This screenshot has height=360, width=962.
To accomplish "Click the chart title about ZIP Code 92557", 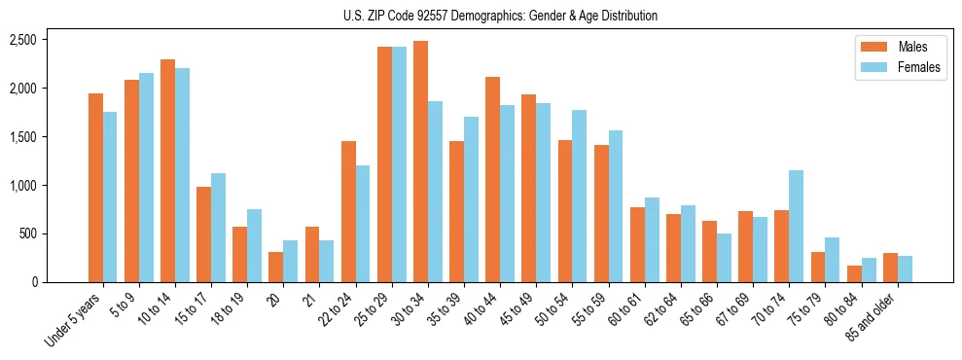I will tap(500, 16).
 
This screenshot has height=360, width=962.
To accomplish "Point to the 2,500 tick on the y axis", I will tap(22, 40).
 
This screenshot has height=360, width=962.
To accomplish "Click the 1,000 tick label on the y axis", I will tap(22, 186).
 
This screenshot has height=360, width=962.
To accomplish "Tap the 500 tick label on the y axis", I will tap(27, 234).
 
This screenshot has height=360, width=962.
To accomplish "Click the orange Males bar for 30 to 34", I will tap(420, 162).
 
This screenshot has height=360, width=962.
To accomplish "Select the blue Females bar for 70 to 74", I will tap(797, 227).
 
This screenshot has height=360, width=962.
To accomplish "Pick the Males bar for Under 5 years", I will tap(95, 188).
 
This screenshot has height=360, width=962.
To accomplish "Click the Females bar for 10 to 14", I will tap(182, 175).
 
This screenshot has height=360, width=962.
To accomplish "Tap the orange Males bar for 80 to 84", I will tap(854, 273).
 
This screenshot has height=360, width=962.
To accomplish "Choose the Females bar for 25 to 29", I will tap(399, 164).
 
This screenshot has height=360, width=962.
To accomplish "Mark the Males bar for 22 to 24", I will tap(348, 211).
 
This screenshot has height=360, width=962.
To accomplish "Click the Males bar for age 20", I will tap(276, 267).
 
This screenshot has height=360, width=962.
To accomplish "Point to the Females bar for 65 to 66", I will tap(725, 258).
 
